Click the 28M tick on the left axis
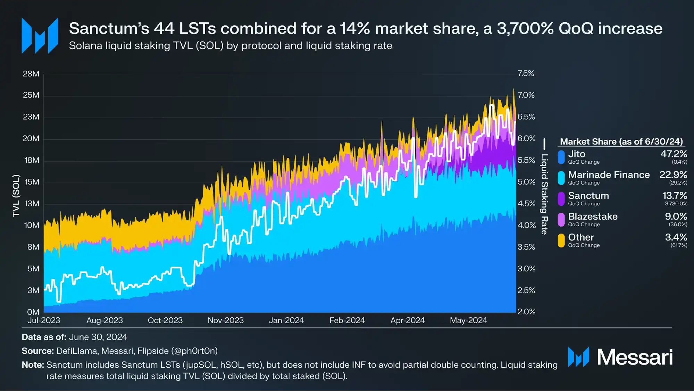point(31,74)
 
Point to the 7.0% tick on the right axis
point(526,95)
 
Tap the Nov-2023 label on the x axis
point(226,320)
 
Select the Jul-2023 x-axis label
point(44,320)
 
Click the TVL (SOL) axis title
point(16,196)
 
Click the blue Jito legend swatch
point(561,157)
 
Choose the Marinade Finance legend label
point(609,175)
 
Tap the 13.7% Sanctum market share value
point(675,196)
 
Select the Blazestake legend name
point(593,217)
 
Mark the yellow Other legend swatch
point(561,241)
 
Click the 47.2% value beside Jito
point(674,154)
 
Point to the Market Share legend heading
point(621,142)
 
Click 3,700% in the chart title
point(525,28)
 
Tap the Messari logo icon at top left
point(40,36)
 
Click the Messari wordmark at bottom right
point(635,357)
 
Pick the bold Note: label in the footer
point(33,365)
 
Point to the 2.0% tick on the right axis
point(526,312)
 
